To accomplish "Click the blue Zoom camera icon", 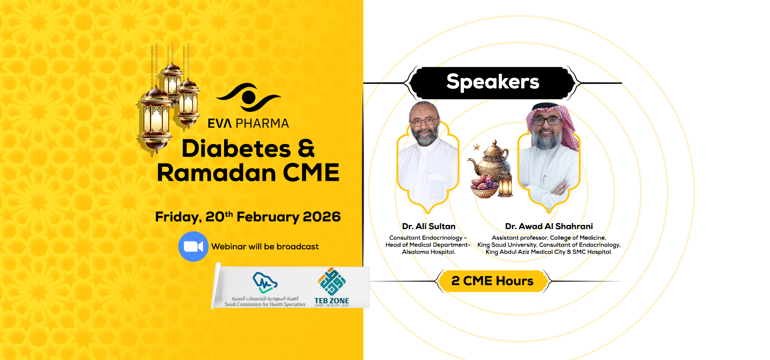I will tap(193, 247).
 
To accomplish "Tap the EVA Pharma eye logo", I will tap(249, 97).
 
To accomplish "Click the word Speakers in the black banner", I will tap(492, 82).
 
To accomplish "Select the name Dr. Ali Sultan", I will tap(428, 227).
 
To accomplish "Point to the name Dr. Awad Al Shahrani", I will tap(549, 227).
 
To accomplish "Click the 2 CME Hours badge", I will tap(492, 281).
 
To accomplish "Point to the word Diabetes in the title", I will tap(236, 148).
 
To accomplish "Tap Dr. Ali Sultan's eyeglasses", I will tap(424, 121).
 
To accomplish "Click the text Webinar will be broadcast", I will tap(265, 247).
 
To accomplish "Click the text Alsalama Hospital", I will tap(428, 252).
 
